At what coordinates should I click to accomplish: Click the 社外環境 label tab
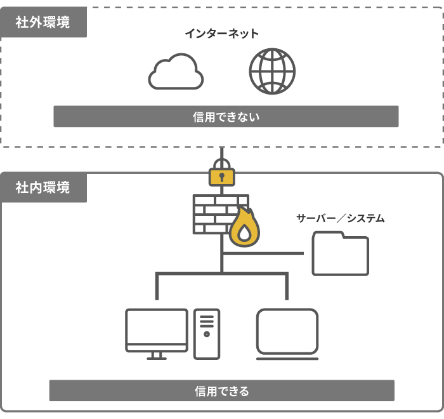click(x=43, y=23)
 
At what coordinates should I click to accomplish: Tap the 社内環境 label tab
click(x=43, y=188)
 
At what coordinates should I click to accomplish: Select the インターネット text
click(x=221, y=34)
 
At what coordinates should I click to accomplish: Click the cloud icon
click(x=176, y=72)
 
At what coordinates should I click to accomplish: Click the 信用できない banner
click(x=226, y=117)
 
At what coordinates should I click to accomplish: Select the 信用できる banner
click(x=221, y=391)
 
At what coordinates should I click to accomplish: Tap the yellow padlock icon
click(x=222, y=175)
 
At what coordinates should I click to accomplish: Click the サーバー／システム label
click(x=340, y=218)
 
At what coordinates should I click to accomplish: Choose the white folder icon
click(x=340, y=253)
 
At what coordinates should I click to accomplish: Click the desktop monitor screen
click(x=157, y=326)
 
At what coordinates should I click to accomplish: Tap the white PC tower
click(x=207, y=334)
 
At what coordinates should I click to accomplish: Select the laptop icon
click(x=287, y=334)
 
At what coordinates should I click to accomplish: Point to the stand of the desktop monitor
click(x=157, y=356)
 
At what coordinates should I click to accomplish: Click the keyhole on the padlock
click(x=222, y=176)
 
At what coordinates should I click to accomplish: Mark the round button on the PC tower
click(x=207, y=334)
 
